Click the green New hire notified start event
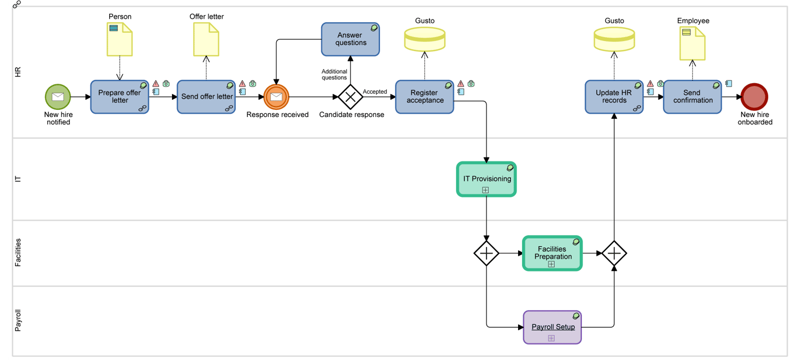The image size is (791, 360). (58, 97)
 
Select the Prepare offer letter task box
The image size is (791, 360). (119, 97)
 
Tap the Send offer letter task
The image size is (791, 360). (206, 97)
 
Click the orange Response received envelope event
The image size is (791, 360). (276, 97)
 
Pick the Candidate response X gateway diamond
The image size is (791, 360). (351, 97)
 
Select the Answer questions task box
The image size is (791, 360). (351, 39)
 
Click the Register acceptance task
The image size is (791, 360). (424, 97)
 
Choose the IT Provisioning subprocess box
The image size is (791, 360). (486, 179)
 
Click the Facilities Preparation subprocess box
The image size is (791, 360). (552, 253)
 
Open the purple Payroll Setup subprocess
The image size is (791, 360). (552, 327)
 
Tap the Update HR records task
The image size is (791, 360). (614, 97)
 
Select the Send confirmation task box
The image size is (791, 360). (692, 97)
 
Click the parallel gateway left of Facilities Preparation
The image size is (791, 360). (486, 253)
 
